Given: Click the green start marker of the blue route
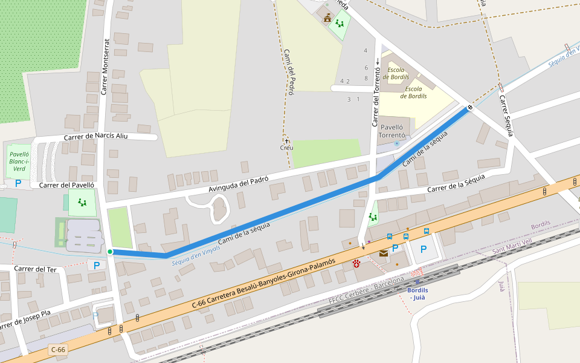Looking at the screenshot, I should tap(110, 252).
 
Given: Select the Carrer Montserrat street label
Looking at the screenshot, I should tap(105, 67).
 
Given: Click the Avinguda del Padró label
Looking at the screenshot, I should tap(238, 185).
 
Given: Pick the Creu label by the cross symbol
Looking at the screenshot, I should tap(286, 148).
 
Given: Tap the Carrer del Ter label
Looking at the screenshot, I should tap(35, 269).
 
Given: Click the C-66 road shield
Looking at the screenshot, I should tap(58, 350).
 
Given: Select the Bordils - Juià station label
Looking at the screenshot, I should tap(417, 293).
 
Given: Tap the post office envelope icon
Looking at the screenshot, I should tap(383, 253).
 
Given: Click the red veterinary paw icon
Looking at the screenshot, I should tap(356, 264).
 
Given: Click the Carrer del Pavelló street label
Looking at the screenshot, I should tap(66, 185).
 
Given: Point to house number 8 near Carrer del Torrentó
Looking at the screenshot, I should tap(366, 78).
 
